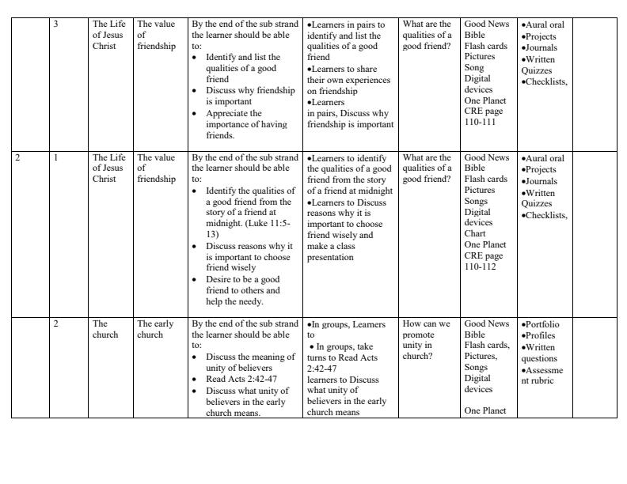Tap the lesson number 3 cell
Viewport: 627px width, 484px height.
click(56, 25)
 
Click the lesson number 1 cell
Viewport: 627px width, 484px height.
click(56, 157)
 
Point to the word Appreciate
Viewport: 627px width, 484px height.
click(228, 113)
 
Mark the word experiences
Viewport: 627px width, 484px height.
click(367, 80)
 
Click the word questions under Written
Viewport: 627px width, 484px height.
click(539, 358)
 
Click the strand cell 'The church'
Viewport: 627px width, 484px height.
click(104, 329)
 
